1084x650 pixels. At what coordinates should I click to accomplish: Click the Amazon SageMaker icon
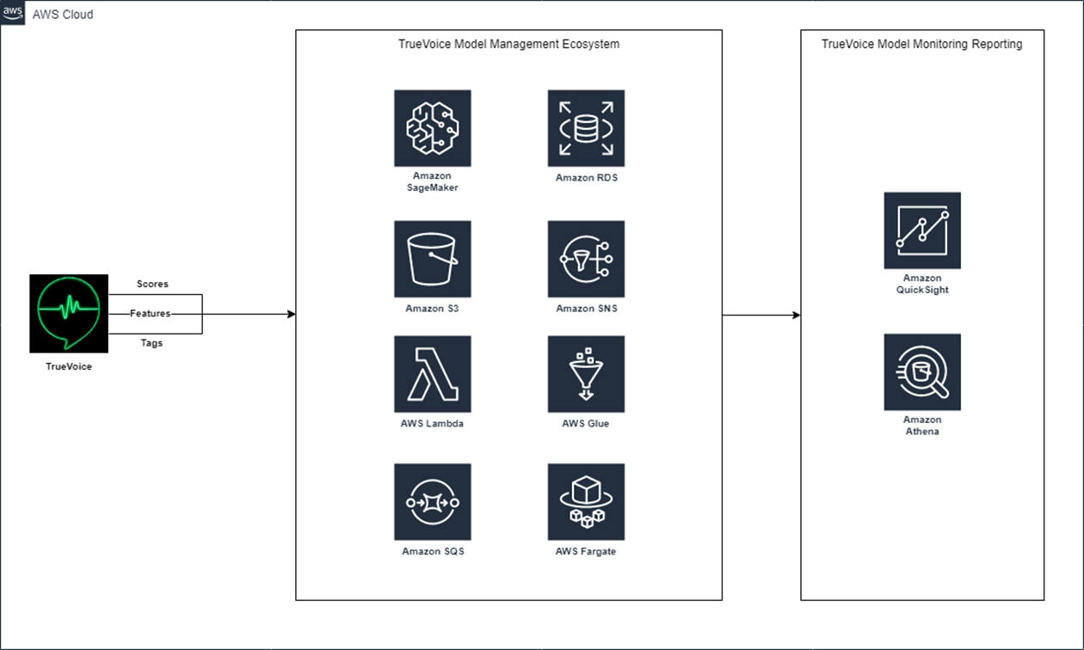[433, 128]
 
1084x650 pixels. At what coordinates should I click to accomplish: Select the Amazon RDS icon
[586, 128]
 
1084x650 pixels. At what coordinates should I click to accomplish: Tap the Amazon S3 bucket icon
[433, 259]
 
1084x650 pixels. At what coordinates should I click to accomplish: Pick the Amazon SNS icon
[586, 259]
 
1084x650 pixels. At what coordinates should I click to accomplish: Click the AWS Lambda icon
[433, 374]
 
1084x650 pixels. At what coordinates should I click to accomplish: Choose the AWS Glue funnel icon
[586, 374]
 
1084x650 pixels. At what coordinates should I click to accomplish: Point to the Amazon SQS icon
[433, 502]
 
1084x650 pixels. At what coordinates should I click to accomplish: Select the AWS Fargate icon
[586, 502]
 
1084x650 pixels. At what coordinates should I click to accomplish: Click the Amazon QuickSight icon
[922, 230]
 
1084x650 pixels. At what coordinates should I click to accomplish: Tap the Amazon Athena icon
[922, 372]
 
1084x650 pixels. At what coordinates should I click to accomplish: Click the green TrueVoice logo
[69, 313]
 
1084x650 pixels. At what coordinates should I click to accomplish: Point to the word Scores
[152, 284]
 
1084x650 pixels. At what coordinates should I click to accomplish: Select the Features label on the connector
[151, 314]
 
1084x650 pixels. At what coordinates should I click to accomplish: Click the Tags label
[151, 343]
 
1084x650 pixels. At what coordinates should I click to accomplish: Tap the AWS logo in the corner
[13, 14]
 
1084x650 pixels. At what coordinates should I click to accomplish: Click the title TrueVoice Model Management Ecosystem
[508, 44]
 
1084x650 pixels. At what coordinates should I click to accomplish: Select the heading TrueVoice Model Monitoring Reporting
[921, 44]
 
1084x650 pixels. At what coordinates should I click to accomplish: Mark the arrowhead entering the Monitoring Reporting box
[796, 316]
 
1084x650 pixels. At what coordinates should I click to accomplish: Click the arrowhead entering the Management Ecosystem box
[291, 314]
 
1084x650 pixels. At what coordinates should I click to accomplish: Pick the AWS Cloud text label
[63, 15]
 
